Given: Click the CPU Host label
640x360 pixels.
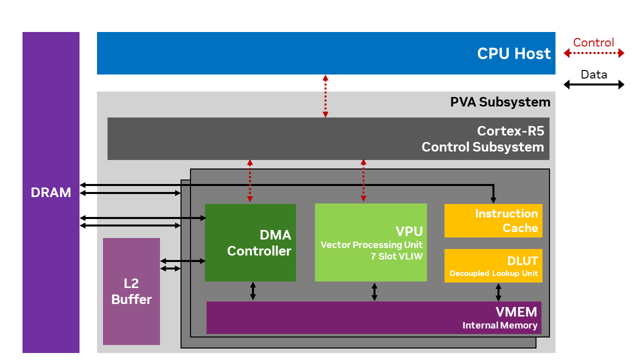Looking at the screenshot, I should pyautogui.click(x=513, y=53).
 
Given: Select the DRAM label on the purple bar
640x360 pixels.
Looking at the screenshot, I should pyautogui.click(x=50, y=192).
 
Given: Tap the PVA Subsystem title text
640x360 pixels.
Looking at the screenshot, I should pyautogui.click(x=500, y=102).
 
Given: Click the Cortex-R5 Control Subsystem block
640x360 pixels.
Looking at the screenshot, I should pyautogui.click(x=328, y=139).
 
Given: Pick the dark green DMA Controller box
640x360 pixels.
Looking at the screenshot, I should pyautogui.click(x=250, y=242).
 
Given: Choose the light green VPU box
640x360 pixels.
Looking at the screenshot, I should pyautogui.click(x=370, y=242).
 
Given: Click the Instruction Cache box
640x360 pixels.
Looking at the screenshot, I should pyautogui.click(x=493, y=220).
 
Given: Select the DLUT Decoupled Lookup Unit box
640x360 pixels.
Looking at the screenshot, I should pyautogui.click(x=493, y=265).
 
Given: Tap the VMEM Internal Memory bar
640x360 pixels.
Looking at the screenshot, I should pyautogui.click(x=373, y=317).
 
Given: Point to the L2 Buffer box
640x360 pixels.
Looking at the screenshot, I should pyautogui.click(x=131, y=291).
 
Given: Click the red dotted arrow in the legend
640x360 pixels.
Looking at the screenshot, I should pyautogui.click(x=594, y=53).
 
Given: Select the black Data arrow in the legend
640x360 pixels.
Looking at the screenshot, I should pyautogui.click(x=594, y=84).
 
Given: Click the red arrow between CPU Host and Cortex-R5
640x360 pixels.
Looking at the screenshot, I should pyautogui.click(x=325, y=96).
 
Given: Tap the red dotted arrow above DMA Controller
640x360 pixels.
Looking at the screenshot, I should pyautogui.click(x=250, y=181).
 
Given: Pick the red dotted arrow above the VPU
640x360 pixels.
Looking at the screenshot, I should pyautogui.click(x=363, y=181).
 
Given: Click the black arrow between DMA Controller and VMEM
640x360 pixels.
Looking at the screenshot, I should pyautogui.click(x=253, y=291).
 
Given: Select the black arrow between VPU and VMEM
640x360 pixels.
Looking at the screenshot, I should pyautogui.click(x=374, y=291).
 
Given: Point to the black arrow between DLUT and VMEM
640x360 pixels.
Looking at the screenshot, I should pyautogui.click(x=498, y=292).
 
